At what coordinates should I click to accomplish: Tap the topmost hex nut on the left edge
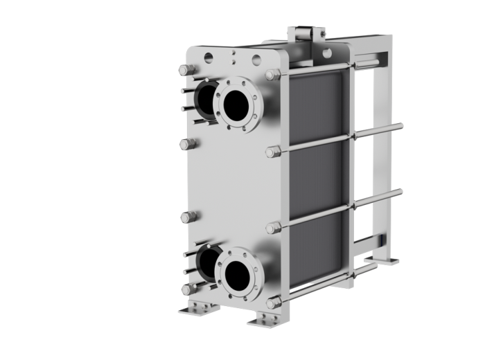click(x=185, y=70)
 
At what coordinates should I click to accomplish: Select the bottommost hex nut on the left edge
click(x=186, y=290)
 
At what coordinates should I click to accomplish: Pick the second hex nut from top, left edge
click(x=185, y=144)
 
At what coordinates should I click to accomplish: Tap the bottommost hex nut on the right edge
click(x=273, y=303)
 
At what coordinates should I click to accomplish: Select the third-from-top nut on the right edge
click(x=273, y=228)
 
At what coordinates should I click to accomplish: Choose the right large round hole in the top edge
click(x=256, y=60)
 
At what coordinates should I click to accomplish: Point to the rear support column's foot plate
click(x=385, y=261)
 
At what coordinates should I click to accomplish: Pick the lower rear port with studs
click(x=206, y=262)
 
